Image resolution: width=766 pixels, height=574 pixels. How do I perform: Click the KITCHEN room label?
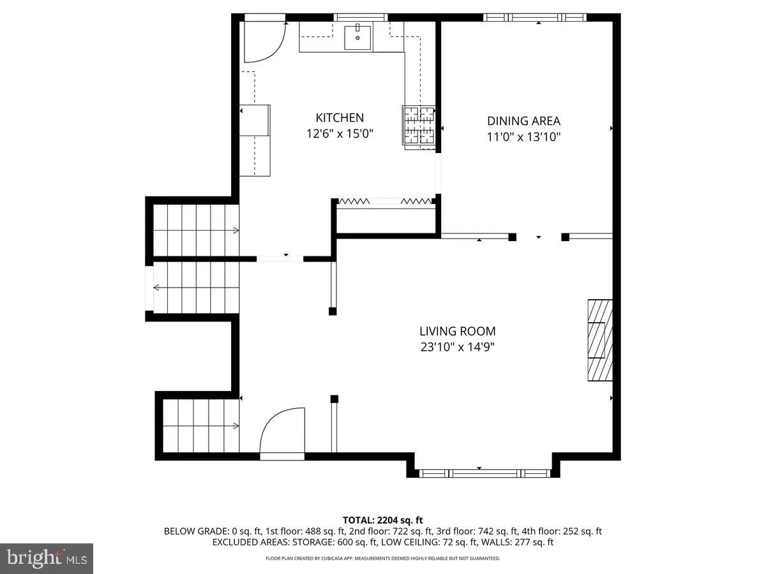(340, 118)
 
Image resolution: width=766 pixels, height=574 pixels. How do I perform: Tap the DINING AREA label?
(523, 121)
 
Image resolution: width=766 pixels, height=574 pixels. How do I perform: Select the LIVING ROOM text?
(457, 332)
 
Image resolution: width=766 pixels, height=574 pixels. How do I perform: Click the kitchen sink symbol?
(357, 37)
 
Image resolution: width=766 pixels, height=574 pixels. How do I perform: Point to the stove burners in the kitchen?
(418, 125)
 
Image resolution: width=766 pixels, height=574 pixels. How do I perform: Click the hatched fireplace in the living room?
(599, 340)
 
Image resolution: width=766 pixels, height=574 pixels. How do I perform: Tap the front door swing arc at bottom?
(282, 430)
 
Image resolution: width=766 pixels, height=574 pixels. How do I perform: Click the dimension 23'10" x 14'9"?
(457, 348)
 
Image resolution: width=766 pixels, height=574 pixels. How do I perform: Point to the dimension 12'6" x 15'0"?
(340, 134)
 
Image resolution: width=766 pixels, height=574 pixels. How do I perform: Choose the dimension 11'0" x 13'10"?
(523, 136)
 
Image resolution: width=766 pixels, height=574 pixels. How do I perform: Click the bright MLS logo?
(46, 559)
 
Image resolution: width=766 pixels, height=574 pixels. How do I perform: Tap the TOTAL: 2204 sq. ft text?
(383, 520)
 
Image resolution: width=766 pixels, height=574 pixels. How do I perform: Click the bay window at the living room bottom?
(483, 473)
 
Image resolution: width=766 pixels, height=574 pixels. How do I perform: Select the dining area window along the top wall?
(534, 17)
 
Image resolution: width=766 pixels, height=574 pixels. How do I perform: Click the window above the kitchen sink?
(360, 17)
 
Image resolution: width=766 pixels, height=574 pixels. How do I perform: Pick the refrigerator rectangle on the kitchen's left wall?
(255, 140)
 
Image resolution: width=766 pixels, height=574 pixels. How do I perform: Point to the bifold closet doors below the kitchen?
(386, 201)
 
